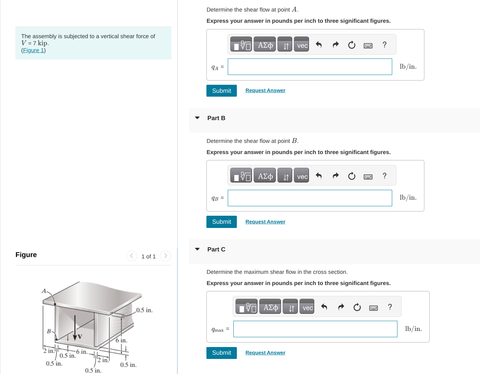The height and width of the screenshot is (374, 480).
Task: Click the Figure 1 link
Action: click(x=34, y=50)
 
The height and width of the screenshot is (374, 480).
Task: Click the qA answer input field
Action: click(x=310, y=67)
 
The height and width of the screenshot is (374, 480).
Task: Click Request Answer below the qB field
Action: click(x=265, y=222)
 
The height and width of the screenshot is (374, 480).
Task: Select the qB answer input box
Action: click(x=310, y=198)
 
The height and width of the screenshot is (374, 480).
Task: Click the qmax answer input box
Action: click(x=315, y=329)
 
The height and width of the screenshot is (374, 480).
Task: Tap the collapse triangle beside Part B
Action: click(x=197, y=118)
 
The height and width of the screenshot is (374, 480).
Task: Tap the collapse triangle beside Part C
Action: click(x=197, y=249)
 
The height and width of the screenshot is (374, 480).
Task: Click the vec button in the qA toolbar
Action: click(x=302, y=45)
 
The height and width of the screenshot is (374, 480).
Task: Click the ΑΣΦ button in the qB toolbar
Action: click(x=265, y=176)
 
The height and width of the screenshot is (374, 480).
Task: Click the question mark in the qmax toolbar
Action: click(x=390, y=307)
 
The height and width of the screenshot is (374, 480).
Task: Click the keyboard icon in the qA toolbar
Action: click(x=368, y=46)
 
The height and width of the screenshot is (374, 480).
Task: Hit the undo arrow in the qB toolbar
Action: click(x=319, y=176)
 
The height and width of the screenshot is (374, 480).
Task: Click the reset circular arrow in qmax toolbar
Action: click(x=357, y=307)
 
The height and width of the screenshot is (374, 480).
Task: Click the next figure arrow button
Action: click(x=165, y=256)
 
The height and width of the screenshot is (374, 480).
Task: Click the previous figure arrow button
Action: click(x=132, y=256)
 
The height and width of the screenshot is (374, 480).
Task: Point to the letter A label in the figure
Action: click(x=44, y=291)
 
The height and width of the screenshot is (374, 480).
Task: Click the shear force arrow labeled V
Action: click(x=75, y=329)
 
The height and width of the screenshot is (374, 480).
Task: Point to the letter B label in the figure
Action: click(x=49, y=331)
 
